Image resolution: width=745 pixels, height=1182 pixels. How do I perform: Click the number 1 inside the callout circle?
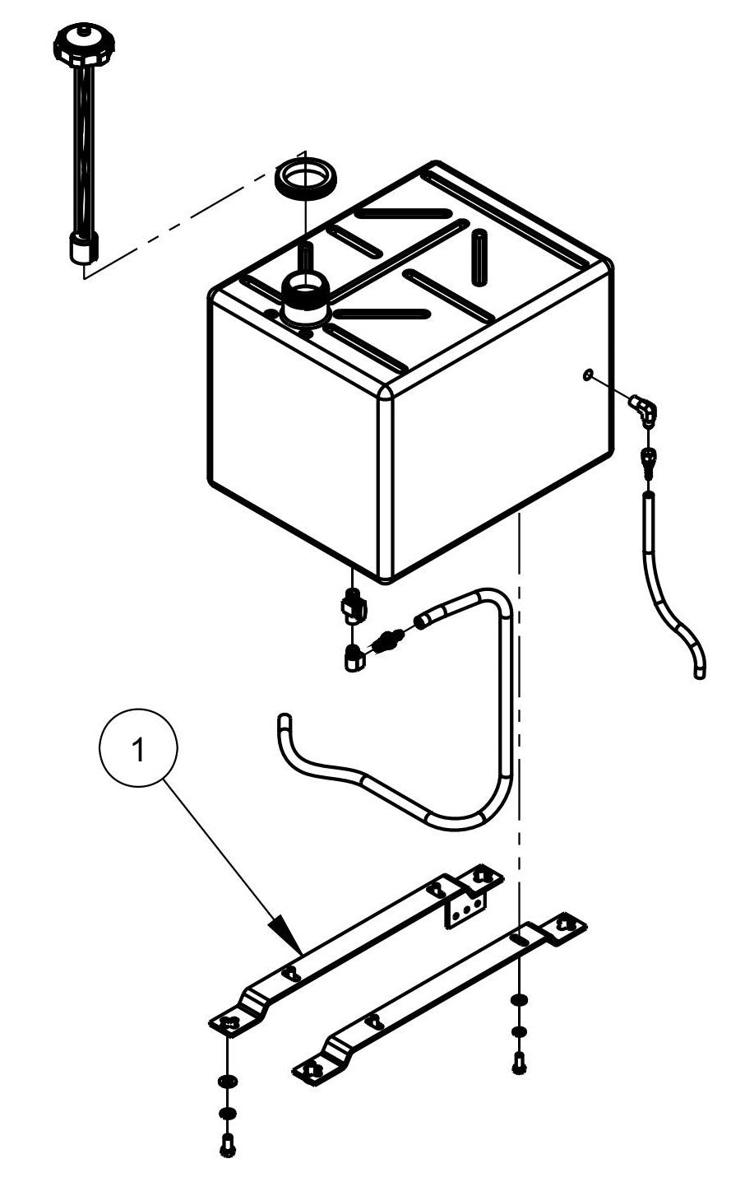click(139, 752)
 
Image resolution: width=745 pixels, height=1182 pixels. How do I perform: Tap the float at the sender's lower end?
click(83, 248)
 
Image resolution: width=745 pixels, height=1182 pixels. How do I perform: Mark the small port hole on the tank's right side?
click(586, 375)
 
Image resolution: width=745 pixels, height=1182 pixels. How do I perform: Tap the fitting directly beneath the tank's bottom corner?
click(353, 607)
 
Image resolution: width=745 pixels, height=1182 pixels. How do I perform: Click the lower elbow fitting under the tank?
click(354, 658)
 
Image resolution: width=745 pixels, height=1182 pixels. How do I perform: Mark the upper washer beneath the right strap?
click(519, 1000)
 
